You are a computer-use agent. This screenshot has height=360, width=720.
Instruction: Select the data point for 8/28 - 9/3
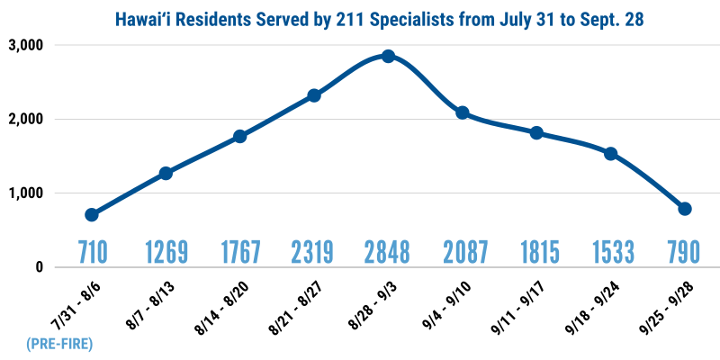(x=388, y=56)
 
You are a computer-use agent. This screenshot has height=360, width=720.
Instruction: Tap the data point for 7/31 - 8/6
(x=92, y=214)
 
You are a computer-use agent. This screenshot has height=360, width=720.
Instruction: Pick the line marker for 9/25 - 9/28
(x=685, y=209)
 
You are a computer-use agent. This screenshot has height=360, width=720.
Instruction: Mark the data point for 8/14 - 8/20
(x=240, y=136)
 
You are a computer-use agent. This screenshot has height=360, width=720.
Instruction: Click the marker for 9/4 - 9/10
(x=463, y=112)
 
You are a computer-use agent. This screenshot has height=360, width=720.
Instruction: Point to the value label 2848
(x=388, y=251)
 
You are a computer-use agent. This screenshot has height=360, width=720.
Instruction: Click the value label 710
(x=91, y=251)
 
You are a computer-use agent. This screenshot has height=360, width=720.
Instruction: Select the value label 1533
(x=610, y=251)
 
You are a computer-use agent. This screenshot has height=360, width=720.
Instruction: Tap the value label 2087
(x=463, y=251)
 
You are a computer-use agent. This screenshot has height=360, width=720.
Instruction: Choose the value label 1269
(x=166, y=251)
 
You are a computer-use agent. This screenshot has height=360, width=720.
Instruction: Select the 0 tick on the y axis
(x=39, y=267)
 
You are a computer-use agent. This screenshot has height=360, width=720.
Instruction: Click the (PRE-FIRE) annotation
(x=60, y=343)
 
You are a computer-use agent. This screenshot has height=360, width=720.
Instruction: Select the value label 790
(x=685, y=251)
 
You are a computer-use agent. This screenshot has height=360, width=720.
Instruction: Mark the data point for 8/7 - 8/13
(x=166, y=173)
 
